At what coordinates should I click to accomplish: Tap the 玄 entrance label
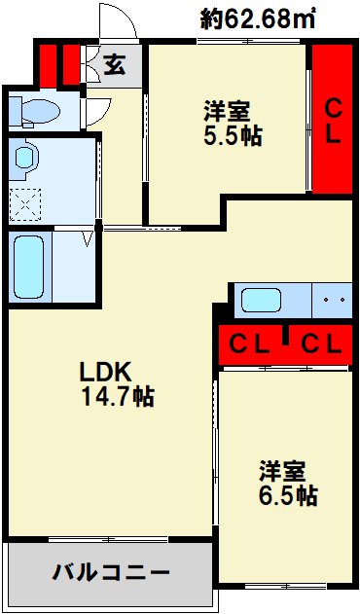[x=114, y=66]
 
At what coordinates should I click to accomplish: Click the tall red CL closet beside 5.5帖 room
[x=332, y=119]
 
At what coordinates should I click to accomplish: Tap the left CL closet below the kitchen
[x=250, y=343]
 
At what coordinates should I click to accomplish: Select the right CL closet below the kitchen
[x=320, y=343]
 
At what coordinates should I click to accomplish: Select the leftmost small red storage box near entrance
[x=46, y=64]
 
